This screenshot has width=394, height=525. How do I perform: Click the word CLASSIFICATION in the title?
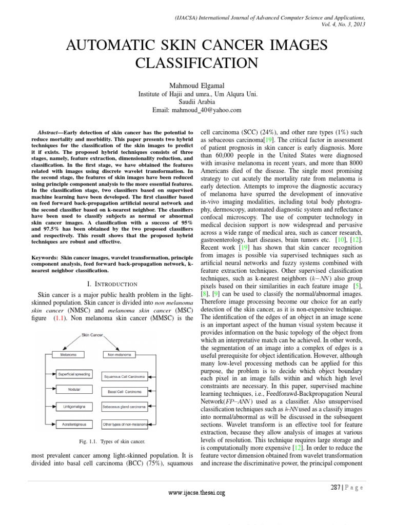197,64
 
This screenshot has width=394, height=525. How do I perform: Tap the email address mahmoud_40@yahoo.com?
197,110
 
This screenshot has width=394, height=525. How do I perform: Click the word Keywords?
44,254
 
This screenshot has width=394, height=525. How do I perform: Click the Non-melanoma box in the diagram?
117,354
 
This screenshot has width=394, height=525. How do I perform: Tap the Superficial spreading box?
74,374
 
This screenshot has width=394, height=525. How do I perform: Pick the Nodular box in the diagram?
74,390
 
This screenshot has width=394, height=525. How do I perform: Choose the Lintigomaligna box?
74,407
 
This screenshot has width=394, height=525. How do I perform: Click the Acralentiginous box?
74,424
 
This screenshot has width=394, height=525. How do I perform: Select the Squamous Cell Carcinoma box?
125,377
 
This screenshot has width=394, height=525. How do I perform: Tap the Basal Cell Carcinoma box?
125,392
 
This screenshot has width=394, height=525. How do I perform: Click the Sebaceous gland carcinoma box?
125,407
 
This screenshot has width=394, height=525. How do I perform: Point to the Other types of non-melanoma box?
125,424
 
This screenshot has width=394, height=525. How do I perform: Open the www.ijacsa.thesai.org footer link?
197,493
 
